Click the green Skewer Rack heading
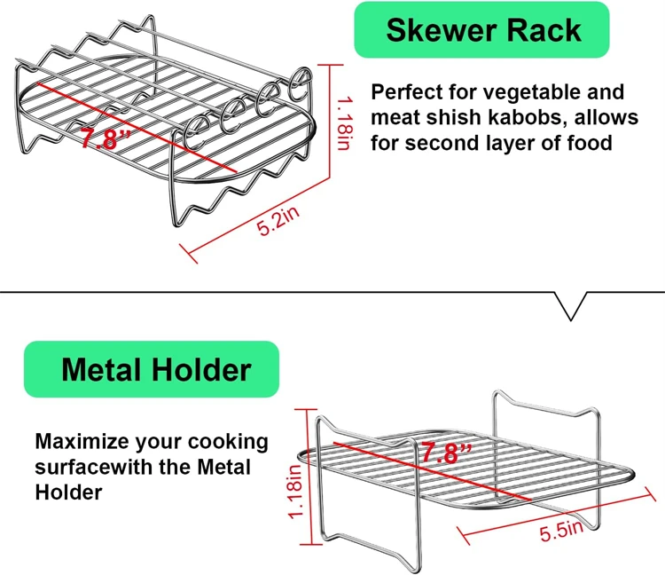click(482, 31)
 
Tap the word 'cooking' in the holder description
click(226, 441)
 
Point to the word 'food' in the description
click(588, 142)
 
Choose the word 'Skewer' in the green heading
click(441, 31)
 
